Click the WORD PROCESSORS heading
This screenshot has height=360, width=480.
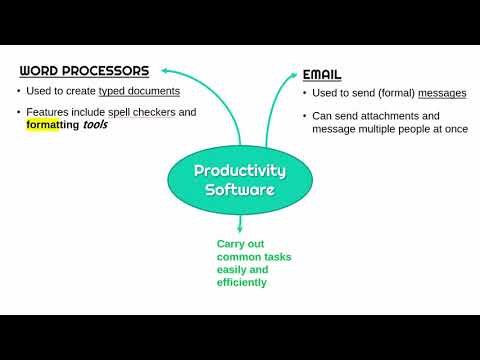(85, 71)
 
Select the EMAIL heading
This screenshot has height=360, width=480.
(322, 74)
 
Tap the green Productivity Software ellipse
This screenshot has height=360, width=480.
(239, 180)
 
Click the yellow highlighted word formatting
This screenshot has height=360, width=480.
(53, 126)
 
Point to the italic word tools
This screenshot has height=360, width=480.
(95, 126)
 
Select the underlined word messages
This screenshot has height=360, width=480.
(441, 93)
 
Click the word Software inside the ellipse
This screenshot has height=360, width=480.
(239, 190)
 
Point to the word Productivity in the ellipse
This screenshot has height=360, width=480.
(239, 171)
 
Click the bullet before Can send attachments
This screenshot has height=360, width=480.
(305, 116)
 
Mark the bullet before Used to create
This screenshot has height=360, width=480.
(20, 92)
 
